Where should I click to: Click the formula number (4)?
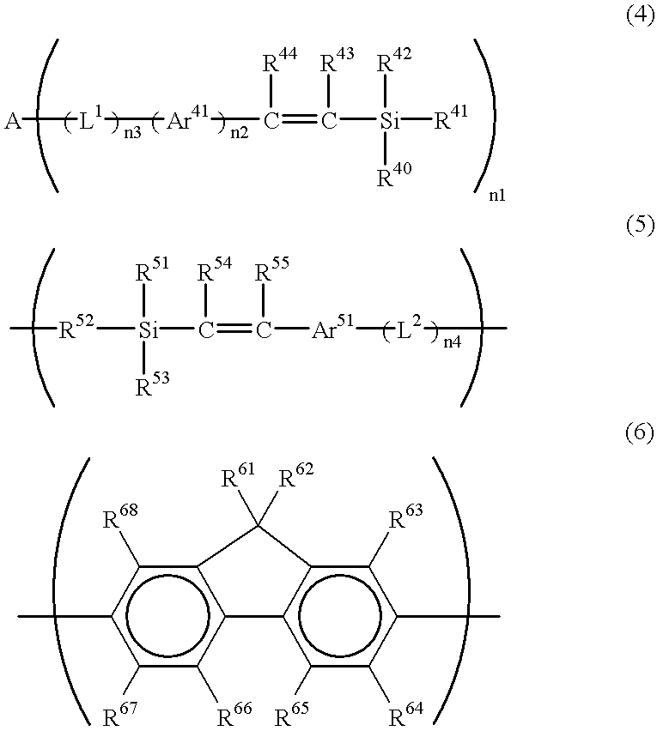click(637, 18)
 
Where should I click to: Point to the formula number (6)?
click(637, 433)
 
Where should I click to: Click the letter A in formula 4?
click(13, 122)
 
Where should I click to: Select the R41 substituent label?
click(452, 120)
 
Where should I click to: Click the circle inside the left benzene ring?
click(167, 616)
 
